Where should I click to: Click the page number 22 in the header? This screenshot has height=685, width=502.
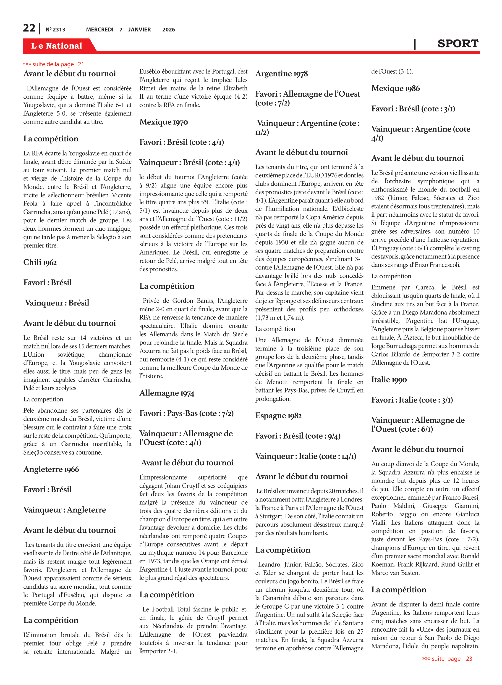pos(29,28)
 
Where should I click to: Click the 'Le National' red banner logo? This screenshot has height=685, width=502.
pos(57,46)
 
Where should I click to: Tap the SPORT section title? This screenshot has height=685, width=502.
pos(458,44)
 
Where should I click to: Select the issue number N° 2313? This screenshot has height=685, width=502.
pos(55,30)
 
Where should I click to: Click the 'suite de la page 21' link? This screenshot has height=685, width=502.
pos(53,64)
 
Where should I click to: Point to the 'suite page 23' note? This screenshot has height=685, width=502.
pos(447,659)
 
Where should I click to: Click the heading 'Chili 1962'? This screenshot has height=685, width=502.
pos(40,262)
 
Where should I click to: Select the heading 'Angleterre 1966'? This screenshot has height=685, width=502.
pos(51,469)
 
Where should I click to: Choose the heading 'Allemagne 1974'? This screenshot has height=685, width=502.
pos(167,393)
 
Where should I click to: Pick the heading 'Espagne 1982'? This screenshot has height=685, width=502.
pos(278,416)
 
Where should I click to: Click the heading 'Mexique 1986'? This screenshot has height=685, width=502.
pos(395,88)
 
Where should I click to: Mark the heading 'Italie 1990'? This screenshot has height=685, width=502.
pos(389,380)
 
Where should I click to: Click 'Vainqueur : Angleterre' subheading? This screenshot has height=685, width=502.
pos(65,510)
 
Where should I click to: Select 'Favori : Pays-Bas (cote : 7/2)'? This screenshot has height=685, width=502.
pos(186,414)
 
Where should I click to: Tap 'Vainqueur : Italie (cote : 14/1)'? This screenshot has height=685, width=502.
pos(306,456)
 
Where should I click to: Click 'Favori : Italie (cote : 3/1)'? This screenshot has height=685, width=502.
pos(412,400)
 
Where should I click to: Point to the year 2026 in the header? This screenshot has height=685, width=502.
pos(168,30)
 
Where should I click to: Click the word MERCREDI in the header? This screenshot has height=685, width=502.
pos(100,30)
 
